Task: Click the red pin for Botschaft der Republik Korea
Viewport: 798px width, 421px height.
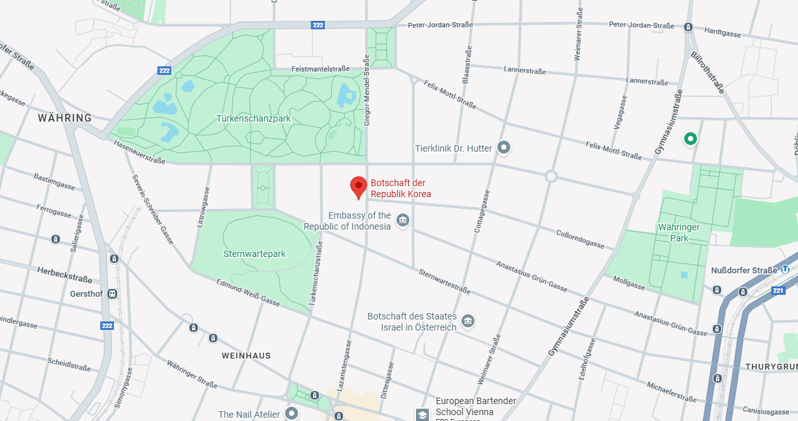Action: pos(358,187)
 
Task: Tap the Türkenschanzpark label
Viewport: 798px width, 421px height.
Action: pos(253,119)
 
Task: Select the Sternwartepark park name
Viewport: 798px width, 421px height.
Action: pos(255,254)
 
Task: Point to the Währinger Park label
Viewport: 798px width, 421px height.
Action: pos(678,233)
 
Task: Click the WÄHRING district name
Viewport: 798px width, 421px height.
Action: pos(64,118)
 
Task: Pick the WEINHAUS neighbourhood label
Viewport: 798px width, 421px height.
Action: pos(246,356)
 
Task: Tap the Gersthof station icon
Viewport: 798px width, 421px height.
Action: pos(113,294)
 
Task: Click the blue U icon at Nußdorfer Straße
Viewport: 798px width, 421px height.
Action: pos(786,270)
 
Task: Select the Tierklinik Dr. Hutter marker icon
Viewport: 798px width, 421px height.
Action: pos(503,148)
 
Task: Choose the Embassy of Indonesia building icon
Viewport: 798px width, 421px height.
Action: pos(403,221)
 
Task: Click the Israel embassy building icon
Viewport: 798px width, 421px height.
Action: pos(467,321)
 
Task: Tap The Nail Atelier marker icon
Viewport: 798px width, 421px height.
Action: pos(292,413)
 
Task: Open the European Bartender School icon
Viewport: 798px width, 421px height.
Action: pos(422,414)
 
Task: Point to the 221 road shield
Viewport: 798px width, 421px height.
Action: pos(778,290)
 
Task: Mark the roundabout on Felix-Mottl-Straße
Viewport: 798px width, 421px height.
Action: pos(551,176)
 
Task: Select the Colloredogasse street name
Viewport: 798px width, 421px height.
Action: pos(581,238)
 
